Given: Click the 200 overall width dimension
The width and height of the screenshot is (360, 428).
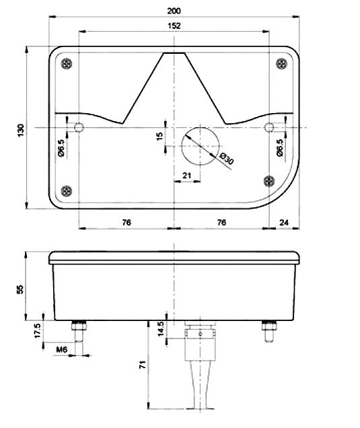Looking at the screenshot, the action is (174, 11).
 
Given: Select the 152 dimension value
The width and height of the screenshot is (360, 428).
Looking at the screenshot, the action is (174, 26).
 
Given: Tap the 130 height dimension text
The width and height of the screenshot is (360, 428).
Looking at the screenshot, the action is (21, 130).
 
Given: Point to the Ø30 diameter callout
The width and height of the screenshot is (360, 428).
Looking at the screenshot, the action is (227, 159).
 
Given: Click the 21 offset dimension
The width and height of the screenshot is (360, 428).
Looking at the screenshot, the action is (186, 175).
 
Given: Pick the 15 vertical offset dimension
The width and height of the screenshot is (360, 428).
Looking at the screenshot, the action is (159, 136).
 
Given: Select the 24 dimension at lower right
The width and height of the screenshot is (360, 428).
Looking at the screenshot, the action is (284, 223).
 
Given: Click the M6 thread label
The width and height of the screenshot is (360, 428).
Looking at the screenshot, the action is (62, 349).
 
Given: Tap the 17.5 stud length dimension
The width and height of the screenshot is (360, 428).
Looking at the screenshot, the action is (38, 330).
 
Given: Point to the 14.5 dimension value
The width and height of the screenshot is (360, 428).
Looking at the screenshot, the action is (161, 328).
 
